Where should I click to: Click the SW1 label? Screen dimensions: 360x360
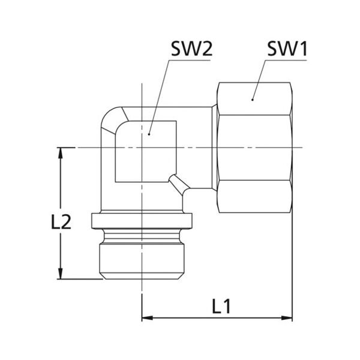[x=287, y=49]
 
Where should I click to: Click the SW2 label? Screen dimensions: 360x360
[x=192, y=49]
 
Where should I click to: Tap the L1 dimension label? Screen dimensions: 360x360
[x=221, y=306]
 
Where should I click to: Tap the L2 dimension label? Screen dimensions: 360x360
[x=61, y=222]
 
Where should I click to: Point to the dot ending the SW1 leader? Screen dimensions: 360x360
[x=253, y=100]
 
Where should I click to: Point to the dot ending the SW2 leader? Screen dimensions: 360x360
[x=149, y=134]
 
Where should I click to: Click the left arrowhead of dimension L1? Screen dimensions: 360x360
[x=148, y=318]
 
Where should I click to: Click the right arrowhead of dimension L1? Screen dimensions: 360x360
[x=287, y=318]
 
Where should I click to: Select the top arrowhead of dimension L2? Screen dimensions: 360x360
[x=61, y=153]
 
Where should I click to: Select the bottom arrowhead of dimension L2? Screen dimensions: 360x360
[x=61, y=274]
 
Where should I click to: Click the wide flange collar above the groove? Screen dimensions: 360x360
[x=142, y=221]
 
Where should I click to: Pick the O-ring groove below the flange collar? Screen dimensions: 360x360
[x=142, y=236]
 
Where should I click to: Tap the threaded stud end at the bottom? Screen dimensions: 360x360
[x=142, y=261]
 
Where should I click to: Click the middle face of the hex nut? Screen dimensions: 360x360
[x=255, y=148]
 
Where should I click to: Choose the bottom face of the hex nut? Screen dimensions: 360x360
[x=255, y=196]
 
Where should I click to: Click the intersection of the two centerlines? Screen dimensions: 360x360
[x=142, y=148]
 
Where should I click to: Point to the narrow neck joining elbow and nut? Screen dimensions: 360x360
[x=214, y=148]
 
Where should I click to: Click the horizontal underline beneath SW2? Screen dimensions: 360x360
[x=190, y=61]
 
